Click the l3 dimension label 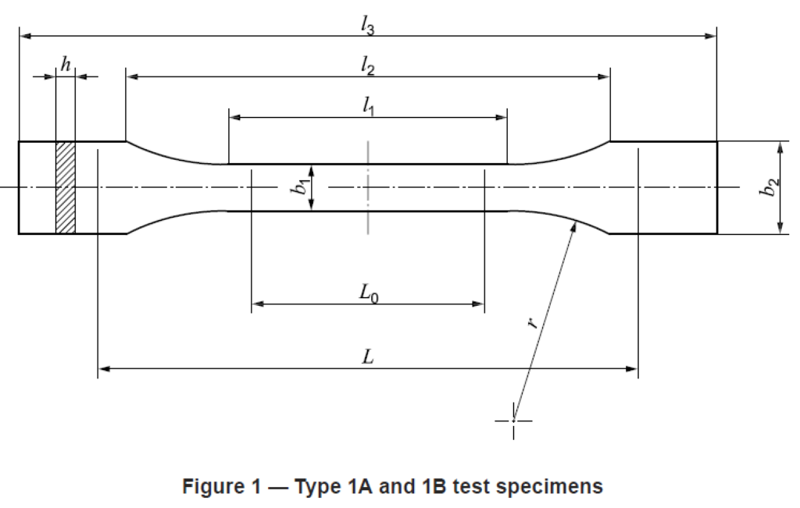(x=367, y=25)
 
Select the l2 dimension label (x=367, y=66)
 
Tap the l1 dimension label (x=368, y=106)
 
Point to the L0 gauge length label (x=369, y=293)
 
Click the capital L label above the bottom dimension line (x=368, y=357)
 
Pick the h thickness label (x=66, y=65)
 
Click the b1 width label (x=299, y=187)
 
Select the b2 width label (x=769, y=187)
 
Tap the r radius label (x=531, y=322)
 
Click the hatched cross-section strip (x=66, y=187)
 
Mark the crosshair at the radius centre (x=513, y=421)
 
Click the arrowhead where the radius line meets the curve (x=573, y=227)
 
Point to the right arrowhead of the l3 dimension (x=710, y=36)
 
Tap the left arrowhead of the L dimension (x=105, y=368)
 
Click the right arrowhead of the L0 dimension (x=478, y=304)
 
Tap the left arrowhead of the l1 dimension (x=235, y=117)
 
